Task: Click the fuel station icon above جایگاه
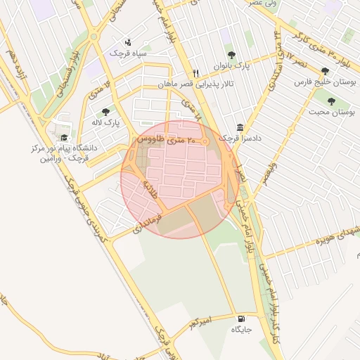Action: pos(242,317)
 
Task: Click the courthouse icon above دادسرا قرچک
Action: pos(241,128)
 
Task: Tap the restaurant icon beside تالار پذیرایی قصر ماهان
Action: pos(196,73)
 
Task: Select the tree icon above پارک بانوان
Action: pos(232,55)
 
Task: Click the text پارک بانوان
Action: pos(232,66)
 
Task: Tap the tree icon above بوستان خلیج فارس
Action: pos(325,72)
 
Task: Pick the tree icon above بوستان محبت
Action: pos(330,101)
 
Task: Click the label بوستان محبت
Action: pos(330,112)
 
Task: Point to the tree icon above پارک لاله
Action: pos(106,112)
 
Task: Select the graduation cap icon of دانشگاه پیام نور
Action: pos(65,138)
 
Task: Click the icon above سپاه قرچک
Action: pos(127,41)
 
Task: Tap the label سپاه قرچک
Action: pos(127,53)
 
